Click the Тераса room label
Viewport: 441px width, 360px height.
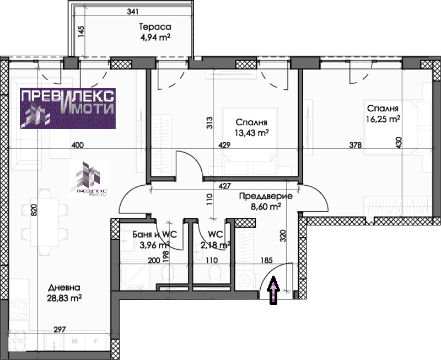click(155, 27)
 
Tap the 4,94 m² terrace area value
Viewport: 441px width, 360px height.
click(155, 37)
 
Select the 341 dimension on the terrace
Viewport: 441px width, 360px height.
click(133, 12)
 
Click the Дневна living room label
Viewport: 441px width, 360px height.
click(64, 287)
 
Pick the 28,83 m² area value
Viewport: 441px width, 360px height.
click(64, 298)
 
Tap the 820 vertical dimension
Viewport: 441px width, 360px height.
click(34, 210)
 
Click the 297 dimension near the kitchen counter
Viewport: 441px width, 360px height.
click(60, 329)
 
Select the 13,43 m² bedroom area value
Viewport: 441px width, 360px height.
click(251, 132)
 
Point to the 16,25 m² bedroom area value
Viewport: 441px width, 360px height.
click(383, 119)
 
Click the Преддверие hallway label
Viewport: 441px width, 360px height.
click(266, 196)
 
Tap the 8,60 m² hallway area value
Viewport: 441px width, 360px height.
click(266, 207)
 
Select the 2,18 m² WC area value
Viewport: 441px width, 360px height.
click(216, 245)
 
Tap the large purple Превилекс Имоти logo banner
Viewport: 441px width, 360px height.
click(68, 109)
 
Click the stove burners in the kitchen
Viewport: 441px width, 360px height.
click(19, 309)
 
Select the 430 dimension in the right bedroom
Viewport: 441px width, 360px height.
click(399, 143)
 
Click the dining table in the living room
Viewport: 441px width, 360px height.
click(45, 222)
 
